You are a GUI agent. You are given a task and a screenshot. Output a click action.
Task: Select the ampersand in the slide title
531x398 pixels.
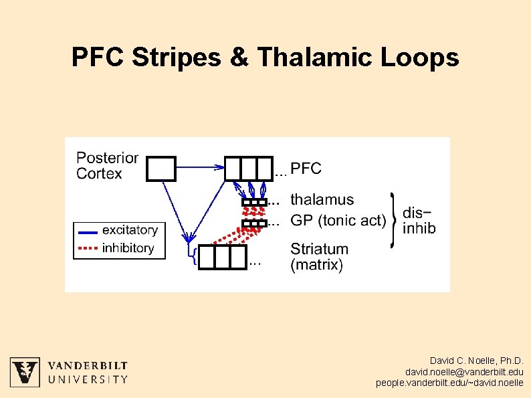[x=238, y=58]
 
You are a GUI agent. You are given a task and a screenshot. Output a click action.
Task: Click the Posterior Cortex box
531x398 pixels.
[x=161, y=169]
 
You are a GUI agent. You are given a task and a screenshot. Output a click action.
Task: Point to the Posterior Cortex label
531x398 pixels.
[x=107, y=166]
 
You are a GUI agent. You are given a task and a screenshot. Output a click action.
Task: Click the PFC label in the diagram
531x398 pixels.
[x=306, y=169]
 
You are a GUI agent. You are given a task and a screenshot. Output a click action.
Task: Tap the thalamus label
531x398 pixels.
[x=322, y=199]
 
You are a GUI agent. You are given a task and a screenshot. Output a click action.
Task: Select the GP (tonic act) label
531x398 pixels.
[x=338, y=220]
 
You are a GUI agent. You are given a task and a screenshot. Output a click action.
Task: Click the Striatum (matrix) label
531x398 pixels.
[x=319, y=257]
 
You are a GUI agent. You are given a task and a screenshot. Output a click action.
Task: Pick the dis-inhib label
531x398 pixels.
[x=419, y=221]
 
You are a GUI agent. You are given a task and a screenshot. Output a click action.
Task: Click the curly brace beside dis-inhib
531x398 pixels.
[x=393, y=221]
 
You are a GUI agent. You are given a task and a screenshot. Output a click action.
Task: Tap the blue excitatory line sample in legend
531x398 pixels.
[x=88, y=231]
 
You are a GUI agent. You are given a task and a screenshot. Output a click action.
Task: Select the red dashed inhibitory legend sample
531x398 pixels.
[x=88, y=249]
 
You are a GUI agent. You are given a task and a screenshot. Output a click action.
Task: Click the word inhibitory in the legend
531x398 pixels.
[x=128, y=248]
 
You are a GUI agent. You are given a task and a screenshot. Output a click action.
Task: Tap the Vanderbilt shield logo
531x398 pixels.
[x=25, y=372]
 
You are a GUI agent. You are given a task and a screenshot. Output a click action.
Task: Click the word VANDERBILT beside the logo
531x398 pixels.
[x=88, y=366]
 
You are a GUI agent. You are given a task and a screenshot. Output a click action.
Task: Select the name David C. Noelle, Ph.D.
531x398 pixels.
[x=476, y=361]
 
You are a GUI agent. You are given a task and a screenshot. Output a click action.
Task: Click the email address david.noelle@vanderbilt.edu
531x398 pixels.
[x=464, y=372]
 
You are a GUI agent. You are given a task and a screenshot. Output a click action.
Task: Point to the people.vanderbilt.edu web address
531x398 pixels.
[x=449, y=383]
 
